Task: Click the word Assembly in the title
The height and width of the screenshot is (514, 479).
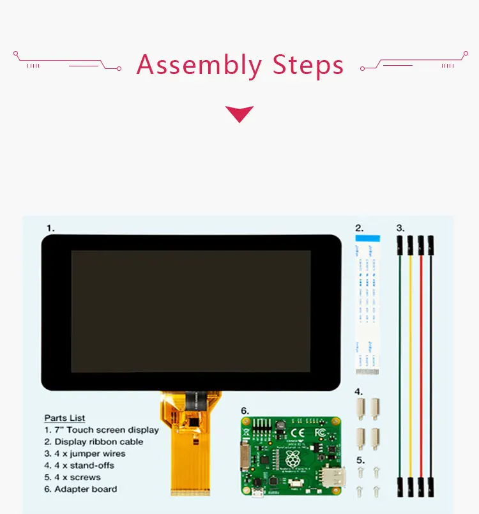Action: pos(199,66)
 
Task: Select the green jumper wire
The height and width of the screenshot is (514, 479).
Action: pos(400,358)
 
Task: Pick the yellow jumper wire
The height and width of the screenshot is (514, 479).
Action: pos(410,358)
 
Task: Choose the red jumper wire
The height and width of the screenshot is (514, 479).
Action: pos(421,358)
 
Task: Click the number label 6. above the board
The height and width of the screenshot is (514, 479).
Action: pos(245,411)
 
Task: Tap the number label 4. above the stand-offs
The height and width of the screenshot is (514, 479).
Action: pos(359,391)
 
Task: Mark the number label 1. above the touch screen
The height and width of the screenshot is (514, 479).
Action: pos(50,227)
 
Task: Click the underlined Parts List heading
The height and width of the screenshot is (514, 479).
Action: pos(65,418)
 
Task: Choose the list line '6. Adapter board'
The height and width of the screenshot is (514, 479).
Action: pos(80,489)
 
